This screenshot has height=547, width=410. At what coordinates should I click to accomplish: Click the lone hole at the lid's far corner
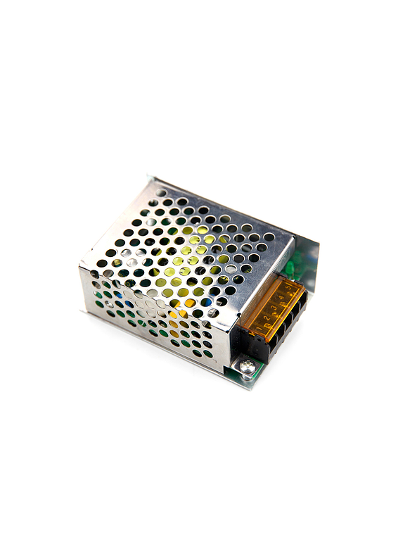162,192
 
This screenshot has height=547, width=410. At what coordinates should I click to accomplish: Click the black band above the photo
205,34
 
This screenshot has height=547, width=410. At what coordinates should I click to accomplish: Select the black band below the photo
205,513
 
